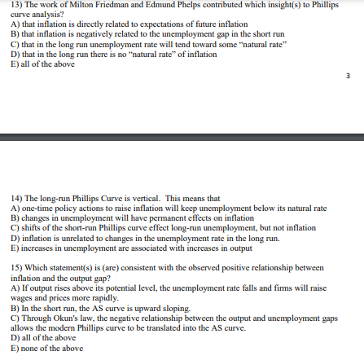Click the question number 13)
(8, 4)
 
